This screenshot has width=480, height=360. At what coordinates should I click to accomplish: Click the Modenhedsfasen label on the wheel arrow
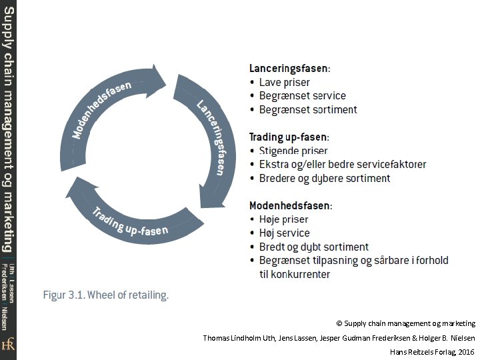point(101,110)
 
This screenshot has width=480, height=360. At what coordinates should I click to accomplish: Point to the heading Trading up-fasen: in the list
point(289,137)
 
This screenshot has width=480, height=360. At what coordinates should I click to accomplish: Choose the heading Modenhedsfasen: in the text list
point(291,205)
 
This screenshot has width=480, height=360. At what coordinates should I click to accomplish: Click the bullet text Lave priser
point(284,82)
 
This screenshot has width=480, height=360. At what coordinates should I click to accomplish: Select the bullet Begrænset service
point(303,96)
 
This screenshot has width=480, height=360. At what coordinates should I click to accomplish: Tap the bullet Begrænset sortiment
point(308,109)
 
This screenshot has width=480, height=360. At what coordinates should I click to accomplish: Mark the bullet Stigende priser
point(293,151)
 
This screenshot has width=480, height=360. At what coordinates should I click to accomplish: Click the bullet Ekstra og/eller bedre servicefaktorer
point(343,164)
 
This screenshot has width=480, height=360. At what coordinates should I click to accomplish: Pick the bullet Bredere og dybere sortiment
point(325,178)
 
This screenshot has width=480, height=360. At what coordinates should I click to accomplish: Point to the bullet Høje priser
point(283,219)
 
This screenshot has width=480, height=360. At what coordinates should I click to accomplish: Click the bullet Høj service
point(285,233)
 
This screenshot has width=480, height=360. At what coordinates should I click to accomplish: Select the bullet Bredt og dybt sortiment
point(314,247)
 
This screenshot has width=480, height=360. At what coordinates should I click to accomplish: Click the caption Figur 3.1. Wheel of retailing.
point(106,295)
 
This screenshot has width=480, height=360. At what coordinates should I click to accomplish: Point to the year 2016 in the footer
point(466,351)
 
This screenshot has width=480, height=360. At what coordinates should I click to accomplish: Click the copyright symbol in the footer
point(339,323)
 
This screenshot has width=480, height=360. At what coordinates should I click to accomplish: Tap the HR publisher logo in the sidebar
point(8,345)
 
